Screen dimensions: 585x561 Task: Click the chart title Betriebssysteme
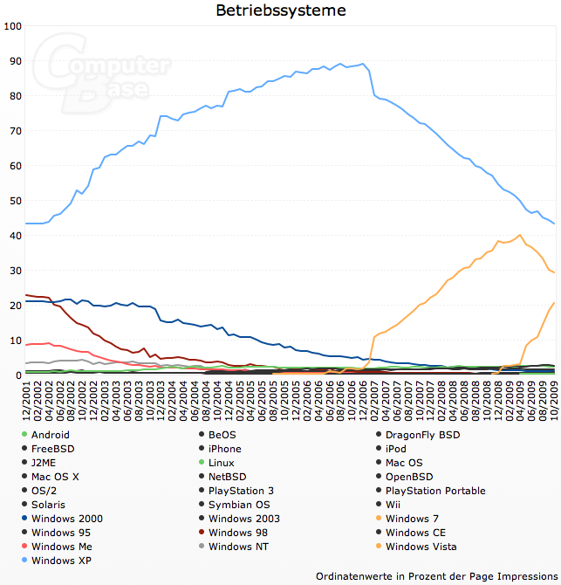(x=280, y=10)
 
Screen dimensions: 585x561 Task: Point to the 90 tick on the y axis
(x=14, y=61)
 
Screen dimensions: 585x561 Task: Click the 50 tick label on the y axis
(x=14, y=201)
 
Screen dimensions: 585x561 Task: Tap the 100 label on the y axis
(x=12, y=26)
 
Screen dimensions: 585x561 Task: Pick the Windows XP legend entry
(x=62, y=561)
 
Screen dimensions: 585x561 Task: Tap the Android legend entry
(x=51, y=435)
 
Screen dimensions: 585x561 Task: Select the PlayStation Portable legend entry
(x=434, y=491)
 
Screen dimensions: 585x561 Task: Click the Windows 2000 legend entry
(x=66, y=519)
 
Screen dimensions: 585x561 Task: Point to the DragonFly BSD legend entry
(x=422, y=435)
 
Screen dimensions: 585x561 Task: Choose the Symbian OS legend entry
(x=239, y=505)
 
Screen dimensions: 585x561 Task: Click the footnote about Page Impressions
(x=434, y=575)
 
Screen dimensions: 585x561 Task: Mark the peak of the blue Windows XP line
(x=340, y=64)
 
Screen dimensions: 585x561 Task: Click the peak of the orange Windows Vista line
(x=520, y=235)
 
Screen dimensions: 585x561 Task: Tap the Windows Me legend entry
(x=61, y=547)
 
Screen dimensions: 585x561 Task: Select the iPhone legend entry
(x=225, y=449)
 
